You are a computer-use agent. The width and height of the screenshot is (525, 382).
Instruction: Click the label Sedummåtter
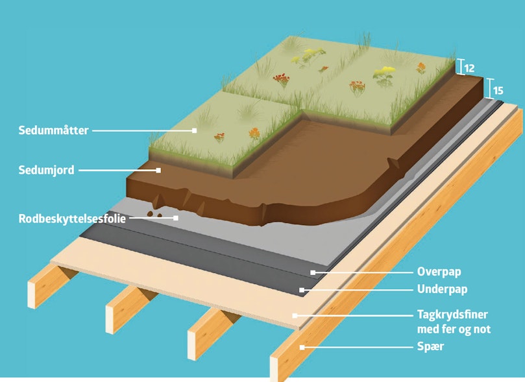[x=54, y=130]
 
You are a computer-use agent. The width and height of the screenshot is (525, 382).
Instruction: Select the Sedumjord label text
[x=46, y=171]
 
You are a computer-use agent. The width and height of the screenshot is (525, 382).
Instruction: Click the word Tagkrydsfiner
[x=452, y=315]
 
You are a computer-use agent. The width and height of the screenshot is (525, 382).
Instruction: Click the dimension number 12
[x=470, y=67]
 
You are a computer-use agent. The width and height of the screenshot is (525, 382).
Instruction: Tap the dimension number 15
[x=498, y=90]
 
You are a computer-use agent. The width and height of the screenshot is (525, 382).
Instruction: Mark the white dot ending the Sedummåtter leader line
[x=194, y=130]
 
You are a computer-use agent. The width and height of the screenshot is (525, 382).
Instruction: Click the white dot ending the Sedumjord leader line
[x=158, y=171]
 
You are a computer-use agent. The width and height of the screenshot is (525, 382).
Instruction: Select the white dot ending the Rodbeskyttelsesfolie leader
[x=176, y=218]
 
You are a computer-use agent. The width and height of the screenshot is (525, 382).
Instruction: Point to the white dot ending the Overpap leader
[x=313, y=272]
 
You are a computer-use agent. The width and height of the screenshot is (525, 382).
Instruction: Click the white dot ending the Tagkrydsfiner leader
[x=295, y=315]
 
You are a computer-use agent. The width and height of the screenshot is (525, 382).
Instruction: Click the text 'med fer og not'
[x=454, y=329]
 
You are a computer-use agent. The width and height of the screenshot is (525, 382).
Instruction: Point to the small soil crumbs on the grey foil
[x=153, y=213]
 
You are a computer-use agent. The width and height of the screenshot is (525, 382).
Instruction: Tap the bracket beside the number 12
[x=459, y=66]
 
